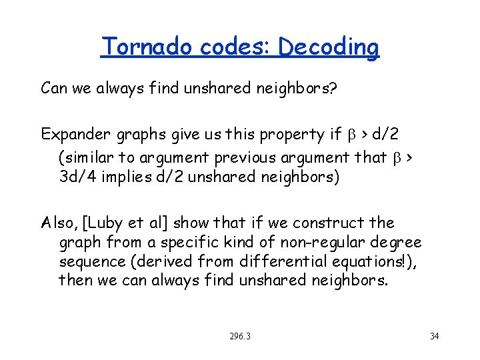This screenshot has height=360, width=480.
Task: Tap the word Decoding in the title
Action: (x=329, y=48)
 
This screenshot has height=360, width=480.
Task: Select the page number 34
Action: (x=434, y=336)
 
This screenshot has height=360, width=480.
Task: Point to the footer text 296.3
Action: (x=239, y=336)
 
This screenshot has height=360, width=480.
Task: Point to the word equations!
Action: (x=359, y=261)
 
